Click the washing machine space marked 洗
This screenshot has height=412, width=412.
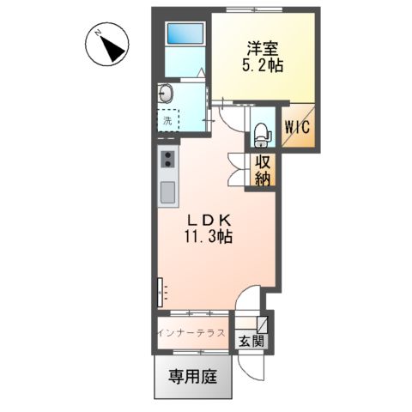pyautogui.click(x=168, y=120)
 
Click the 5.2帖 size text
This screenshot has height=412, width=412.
pyautogui.click(x=264, y=66)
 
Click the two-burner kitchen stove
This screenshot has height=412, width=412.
pyautogui.click(x=167, y=160)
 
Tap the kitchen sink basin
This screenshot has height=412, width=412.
pyautogui.click(x=167, y=189)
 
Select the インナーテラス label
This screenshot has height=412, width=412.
pyautogui.click(x=191, y=331)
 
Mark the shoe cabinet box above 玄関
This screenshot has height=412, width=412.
pyautogui.click(x=262, y=323)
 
